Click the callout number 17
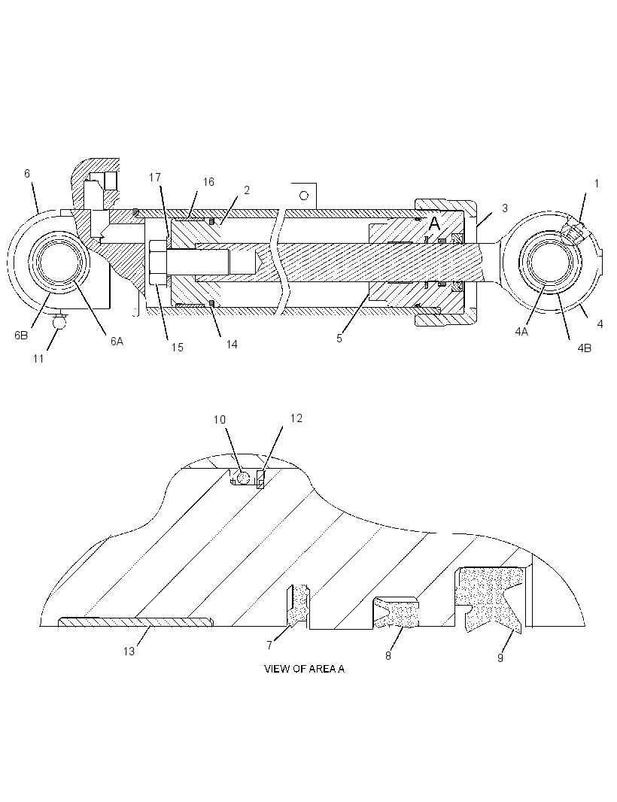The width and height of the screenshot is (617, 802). (154, 178)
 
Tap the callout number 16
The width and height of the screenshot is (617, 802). (208, 182)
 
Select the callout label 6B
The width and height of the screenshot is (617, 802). (21, 336)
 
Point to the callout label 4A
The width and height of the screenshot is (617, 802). (521, 332)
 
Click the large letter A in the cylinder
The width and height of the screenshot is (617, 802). (434, 223)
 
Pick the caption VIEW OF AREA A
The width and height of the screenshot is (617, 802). (305, 669)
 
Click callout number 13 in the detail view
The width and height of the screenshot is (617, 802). (129, 651)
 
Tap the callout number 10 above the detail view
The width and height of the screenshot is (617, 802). (220, 420)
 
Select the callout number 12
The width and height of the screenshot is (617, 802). (296, 418)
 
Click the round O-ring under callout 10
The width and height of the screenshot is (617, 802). (243, 478)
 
